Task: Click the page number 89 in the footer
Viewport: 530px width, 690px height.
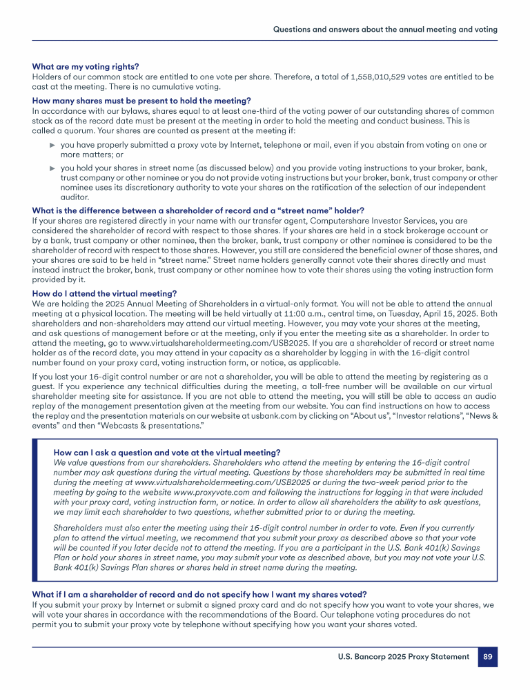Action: click(x=487, y=657)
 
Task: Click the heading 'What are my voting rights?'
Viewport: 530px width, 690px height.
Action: click(x=86, y=67)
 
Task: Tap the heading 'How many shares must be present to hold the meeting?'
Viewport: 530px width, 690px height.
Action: click(x=141, y=101)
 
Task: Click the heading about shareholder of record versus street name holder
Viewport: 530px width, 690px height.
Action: click(x=198, y=210)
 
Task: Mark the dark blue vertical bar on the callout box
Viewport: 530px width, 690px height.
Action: click(x=36, y=509)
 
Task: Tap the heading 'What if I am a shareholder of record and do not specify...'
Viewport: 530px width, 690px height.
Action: click(x=199, y=594)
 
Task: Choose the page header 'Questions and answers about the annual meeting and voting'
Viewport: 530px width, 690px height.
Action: click(x=385, y=30)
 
